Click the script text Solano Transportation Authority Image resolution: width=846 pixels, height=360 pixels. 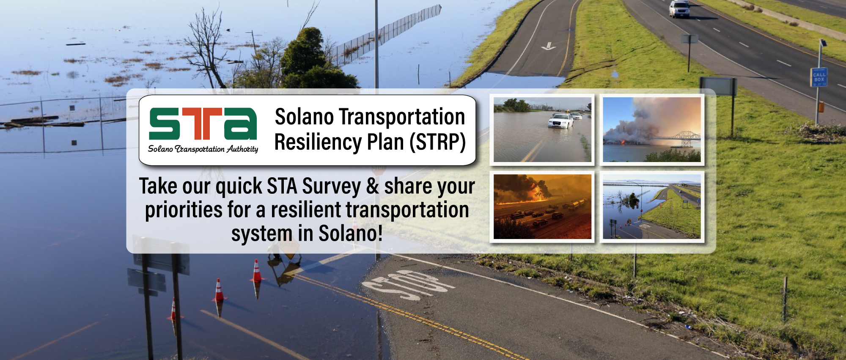(203, 149)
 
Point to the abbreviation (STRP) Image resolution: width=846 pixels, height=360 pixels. (437, 142)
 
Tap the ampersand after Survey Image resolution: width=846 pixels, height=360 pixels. (373, 187)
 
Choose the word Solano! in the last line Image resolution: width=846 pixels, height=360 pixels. (351, 233)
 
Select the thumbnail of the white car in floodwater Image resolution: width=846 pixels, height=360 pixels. (542, 129)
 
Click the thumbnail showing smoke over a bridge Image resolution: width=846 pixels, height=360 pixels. (651, 129)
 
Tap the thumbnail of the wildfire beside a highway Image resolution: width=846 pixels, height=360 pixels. (542, 207)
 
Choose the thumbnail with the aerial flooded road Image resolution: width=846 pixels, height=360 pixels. (651, 207)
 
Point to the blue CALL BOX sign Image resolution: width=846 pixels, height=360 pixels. (819, 77)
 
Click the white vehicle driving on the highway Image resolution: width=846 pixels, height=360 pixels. (679, 9)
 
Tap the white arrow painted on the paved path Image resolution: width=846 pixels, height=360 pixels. (549, 46)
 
